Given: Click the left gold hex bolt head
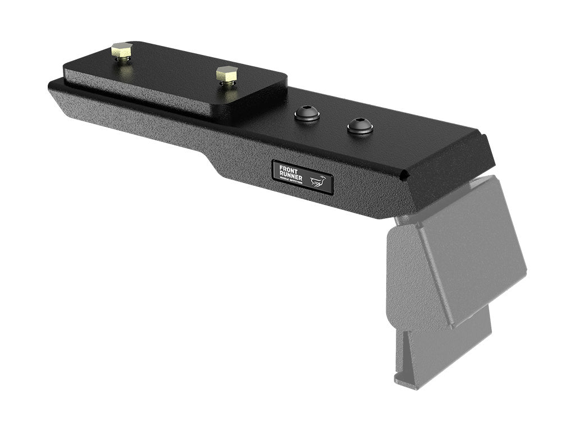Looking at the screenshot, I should coord(121,51).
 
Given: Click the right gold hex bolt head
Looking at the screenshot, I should coord(226,74).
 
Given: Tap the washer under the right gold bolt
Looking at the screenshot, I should coord(227,84).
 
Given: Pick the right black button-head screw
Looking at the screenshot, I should coord(360,125).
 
